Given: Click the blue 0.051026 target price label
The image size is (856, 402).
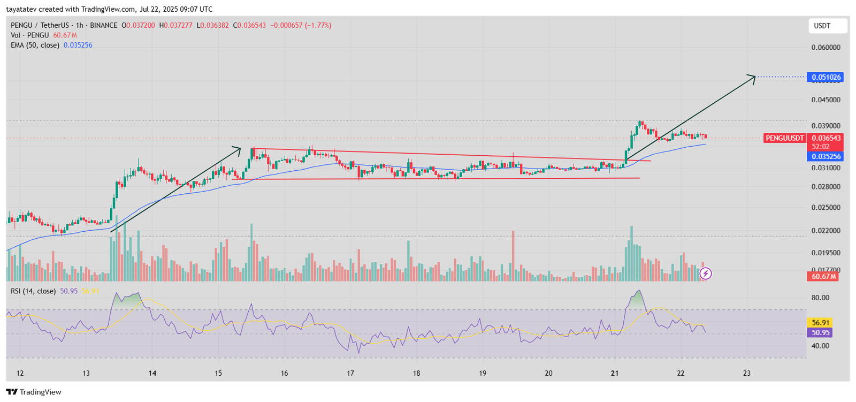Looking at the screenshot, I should (826, 77).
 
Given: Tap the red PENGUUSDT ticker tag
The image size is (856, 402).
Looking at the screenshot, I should (784, 138).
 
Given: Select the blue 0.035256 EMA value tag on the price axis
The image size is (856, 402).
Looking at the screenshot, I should (826, 157).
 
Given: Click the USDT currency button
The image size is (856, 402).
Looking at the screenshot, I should (827, 26).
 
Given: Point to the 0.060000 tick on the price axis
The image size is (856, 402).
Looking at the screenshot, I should (826, 48).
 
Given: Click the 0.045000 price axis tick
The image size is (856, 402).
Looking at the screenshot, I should (826, 100).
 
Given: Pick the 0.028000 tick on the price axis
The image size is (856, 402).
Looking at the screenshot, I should (826, 187).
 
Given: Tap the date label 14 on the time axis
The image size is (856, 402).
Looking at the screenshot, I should (152, 373).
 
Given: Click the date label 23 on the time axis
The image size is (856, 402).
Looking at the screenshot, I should (747, 373).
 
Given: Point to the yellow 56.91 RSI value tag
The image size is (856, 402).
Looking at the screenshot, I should (820, 323).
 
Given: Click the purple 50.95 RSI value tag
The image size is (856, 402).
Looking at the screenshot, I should (820, 332).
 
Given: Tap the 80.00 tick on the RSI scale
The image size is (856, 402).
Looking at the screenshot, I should (820, 298).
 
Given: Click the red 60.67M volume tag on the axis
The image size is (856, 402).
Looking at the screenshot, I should (823, 276).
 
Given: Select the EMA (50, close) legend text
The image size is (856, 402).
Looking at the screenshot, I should (35, 45).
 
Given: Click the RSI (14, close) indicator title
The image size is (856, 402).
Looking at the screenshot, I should (33, 291).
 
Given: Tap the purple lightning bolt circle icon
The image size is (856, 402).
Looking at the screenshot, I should (706, 274).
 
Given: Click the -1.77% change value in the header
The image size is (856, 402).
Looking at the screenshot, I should (318, 25).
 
